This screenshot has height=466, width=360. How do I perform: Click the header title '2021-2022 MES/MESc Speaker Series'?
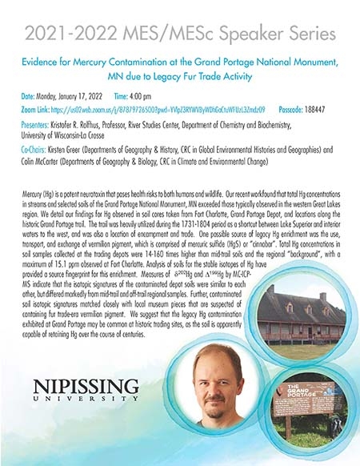click(x=179, y=34)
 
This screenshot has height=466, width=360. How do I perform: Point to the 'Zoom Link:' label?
click(x=36, y=108)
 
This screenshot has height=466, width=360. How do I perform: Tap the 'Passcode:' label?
click(x=295, y=108)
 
